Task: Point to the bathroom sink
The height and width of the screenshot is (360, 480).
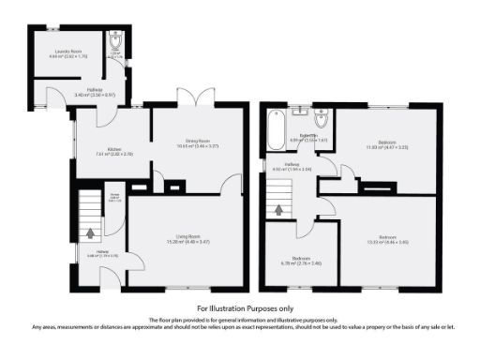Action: coord(299,113)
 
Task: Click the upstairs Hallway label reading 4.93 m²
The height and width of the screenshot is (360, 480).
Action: coord(298,166)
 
